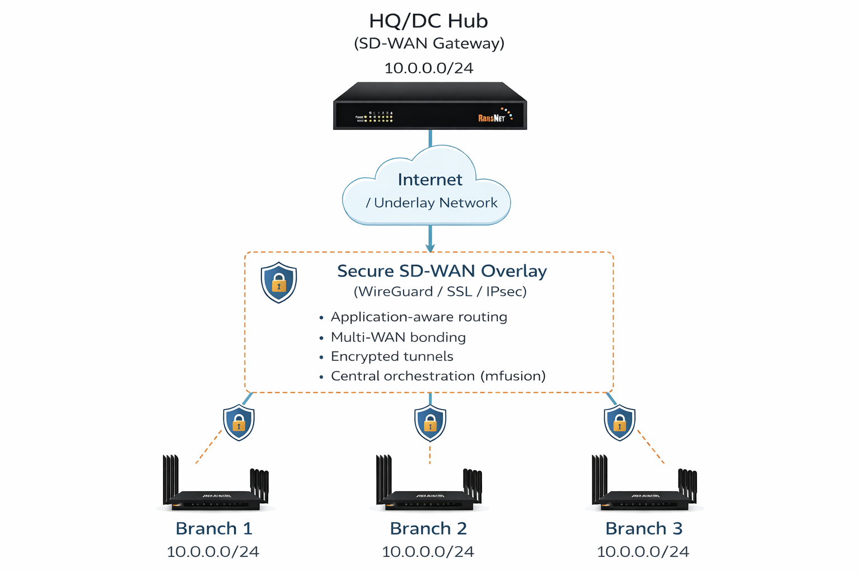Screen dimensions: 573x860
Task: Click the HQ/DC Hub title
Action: point(428,21)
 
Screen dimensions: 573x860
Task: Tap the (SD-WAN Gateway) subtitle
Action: point(429,44)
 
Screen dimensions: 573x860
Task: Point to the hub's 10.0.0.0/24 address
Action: point(429,68)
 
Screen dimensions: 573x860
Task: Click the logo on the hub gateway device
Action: point(492,118)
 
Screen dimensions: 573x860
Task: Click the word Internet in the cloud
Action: point(430,180)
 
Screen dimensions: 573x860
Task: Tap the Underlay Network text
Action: point(436,203)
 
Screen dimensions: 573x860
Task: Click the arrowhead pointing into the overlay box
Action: point(430,247)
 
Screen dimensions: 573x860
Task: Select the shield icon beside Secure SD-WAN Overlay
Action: point(279,282)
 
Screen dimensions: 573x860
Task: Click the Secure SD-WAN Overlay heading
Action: point(442,271)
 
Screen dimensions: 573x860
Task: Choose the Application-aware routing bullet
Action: point(419,317)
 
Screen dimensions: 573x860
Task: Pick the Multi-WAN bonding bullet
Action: point(398,337)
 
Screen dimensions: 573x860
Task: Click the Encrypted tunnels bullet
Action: point(392,357)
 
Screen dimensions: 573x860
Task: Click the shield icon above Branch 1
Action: point(239,422)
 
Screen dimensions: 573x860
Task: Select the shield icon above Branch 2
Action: point(430,422)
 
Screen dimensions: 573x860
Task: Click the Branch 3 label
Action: point(644,529)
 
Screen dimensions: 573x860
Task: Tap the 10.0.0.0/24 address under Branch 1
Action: point(213,552)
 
